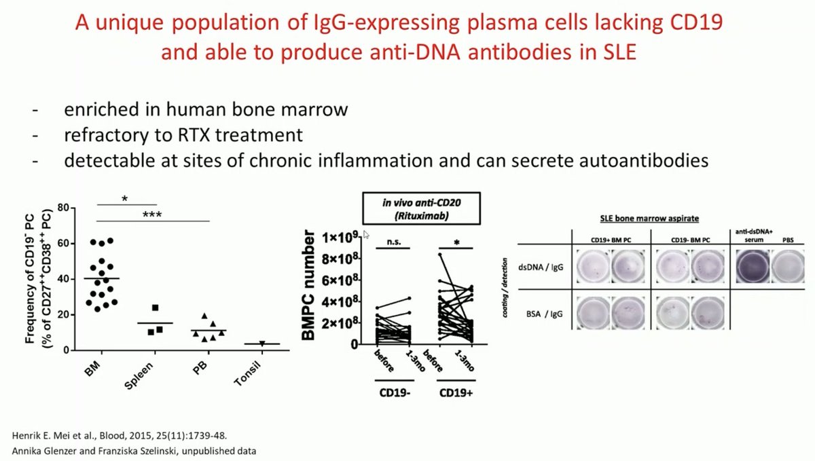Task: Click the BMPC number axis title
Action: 310,288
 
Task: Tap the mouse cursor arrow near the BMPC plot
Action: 366,234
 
